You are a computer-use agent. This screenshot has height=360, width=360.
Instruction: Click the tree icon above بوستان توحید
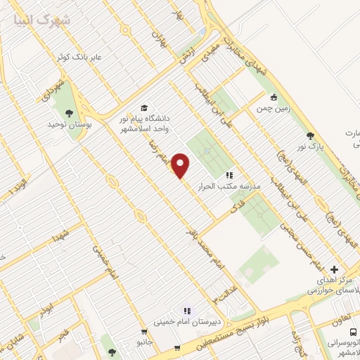coord(69,112)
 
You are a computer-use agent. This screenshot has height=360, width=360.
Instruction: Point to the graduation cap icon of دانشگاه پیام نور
coord(145,108)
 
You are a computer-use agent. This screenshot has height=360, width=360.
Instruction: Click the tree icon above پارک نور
coord(310,136)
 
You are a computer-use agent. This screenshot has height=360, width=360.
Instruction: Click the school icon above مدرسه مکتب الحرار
coord(229,174)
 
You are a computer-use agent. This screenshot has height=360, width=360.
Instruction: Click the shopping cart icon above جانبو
coord(144,332)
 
